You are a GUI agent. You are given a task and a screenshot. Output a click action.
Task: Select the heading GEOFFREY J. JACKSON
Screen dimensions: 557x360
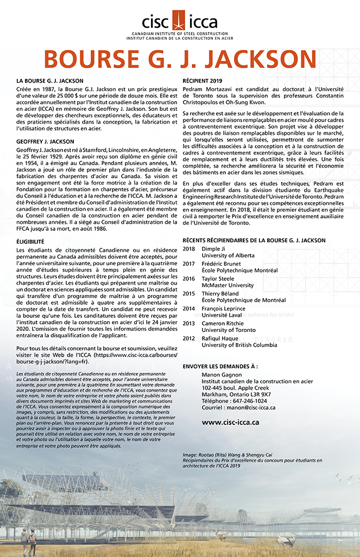tap(46, 141)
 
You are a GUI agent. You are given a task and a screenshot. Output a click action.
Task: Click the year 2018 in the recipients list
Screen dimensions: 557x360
tap(188, 249)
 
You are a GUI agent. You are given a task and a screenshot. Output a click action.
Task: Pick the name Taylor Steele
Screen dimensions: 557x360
tap(218, 278)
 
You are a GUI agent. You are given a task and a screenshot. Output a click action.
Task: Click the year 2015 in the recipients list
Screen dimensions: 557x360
tap(188, 293)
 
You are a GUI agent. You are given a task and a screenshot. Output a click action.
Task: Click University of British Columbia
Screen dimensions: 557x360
tap(240, 345)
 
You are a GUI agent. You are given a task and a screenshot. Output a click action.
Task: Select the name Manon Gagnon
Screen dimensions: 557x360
tap(222, 375)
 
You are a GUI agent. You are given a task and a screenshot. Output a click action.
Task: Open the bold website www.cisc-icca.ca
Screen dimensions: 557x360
tap(230, 422)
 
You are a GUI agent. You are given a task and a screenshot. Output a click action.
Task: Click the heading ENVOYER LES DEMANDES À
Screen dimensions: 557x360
tap(220, 366)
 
